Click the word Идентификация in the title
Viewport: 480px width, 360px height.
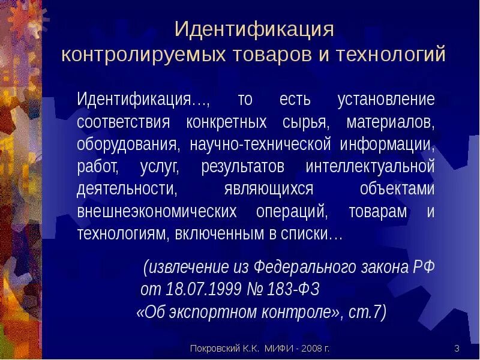coord(253,29)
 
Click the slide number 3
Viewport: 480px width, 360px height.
coord(457,349)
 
